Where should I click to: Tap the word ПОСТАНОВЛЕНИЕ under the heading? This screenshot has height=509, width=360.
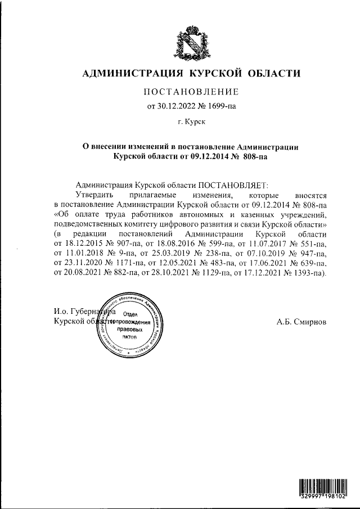tap(192, 92)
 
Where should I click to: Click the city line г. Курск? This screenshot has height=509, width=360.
tap(191, 121)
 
